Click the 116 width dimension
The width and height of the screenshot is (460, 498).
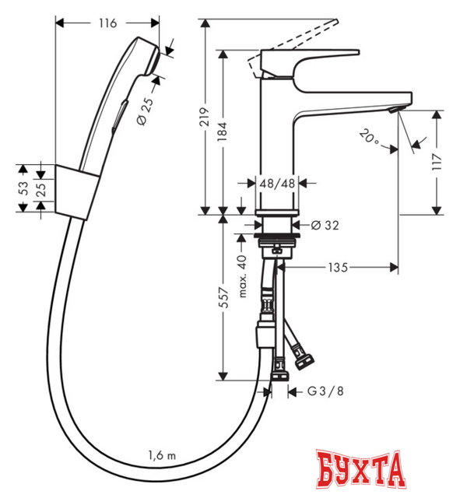point(107,23)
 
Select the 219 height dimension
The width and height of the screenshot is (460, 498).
point(205,117)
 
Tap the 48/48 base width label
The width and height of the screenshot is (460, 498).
point(276,184)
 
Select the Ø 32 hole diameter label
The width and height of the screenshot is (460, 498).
point(323,226)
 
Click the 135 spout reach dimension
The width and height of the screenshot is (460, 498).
point(336,267)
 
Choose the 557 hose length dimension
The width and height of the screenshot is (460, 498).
point(224,297)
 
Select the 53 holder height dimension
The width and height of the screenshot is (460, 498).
point(23,188)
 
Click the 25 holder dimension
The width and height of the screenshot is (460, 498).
point(43,188)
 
